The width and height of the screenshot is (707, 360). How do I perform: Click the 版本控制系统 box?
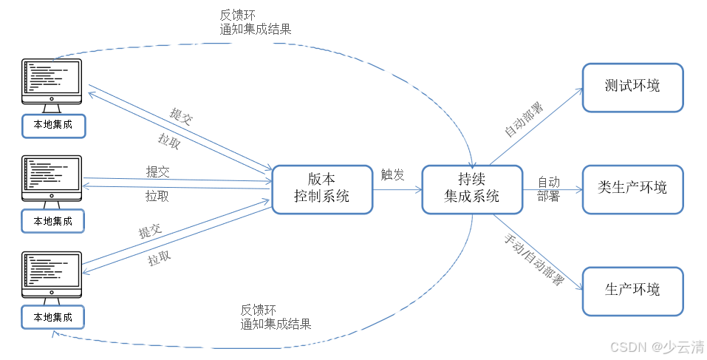coord(321,189)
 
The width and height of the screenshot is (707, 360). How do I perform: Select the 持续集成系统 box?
coord(471,189)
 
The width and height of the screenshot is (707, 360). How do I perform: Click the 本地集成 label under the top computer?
coord(53,125)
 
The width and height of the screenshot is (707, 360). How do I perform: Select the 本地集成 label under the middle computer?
coord(53,220)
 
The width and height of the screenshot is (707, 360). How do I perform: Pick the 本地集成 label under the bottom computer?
coord(53,317)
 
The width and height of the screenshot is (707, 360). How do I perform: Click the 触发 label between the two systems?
coord(392,175)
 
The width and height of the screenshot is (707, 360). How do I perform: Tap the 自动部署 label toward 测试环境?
coord(523,120)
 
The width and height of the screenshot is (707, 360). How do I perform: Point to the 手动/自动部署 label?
coord(533,261)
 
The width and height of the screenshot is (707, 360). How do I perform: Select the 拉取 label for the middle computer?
coord(157,197)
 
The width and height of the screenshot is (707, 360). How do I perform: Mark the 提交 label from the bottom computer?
coord(150,232)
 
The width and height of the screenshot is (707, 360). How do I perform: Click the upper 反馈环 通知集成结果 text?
coord(256,22)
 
